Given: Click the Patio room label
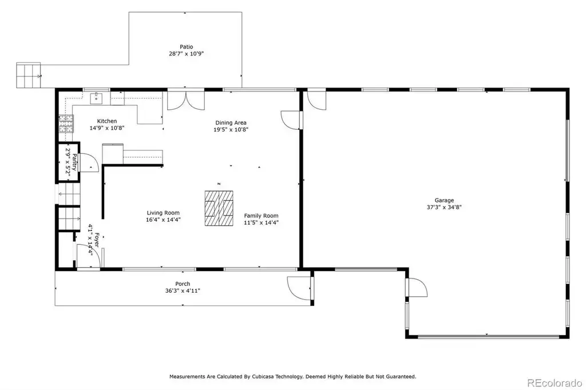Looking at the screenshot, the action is click(x=187, y=47).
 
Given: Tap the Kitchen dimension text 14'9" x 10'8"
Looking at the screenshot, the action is click(x=107, y=128).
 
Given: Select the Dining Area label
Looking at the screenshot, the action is click(x=231, y=122).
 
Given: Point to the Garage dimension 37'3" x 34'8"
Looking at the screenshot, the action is click(x=444, y=208).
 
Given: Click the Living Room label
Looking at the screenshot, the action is click(x=163, y=213).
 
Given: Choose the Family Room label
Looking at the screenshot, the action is click(x=261, y=216).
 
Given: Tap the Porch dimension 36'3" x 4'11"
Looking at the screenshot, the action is click(x=183, y=290).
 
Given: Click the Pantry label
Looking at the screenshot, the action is click(x=74, y=162).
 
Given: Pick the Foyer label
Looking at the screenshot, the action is click(x=96, y=240).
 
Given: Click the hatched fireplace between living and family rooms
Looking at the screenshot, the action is click(x=219, y=209).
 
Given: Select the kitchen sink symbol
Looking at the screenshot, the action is click(x=96, y=98).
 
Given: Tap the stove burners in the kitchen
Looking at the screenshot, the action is click(x=66, y=124).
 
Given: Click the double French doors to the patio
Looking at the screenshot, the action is click(x=186, y=100).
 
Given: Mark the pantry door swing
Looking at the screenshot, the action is click(x=89, y=162).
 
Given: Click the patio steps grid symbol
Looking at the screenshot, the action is click(x=29, y=75).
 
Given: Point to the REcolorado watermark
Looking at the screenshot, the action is click(x=555, y=383).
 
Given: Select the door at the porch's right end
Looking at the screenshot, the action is click(x=300, y=288).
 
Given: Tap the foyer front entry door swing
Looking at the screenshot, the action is click(x=88, y=256).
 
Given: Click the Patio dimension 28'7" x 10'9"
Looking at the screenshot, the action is click(x=187, y=54).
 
